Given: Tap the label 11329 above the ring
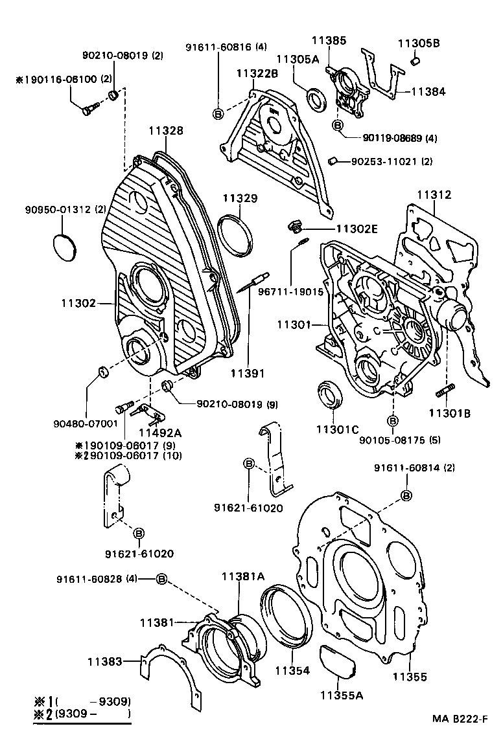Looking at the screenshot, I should point(241,198).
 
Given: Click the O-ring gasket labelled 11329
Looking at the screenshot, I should point(234,233).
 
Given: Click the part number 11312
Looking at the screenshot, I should point(434,194).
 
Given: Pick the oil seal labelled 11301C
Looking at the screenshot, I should point(331,396).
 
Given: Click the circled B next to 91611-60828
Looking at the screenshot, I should point(162,578).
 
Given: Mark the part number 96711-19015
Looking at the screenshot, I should point(291,292).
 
